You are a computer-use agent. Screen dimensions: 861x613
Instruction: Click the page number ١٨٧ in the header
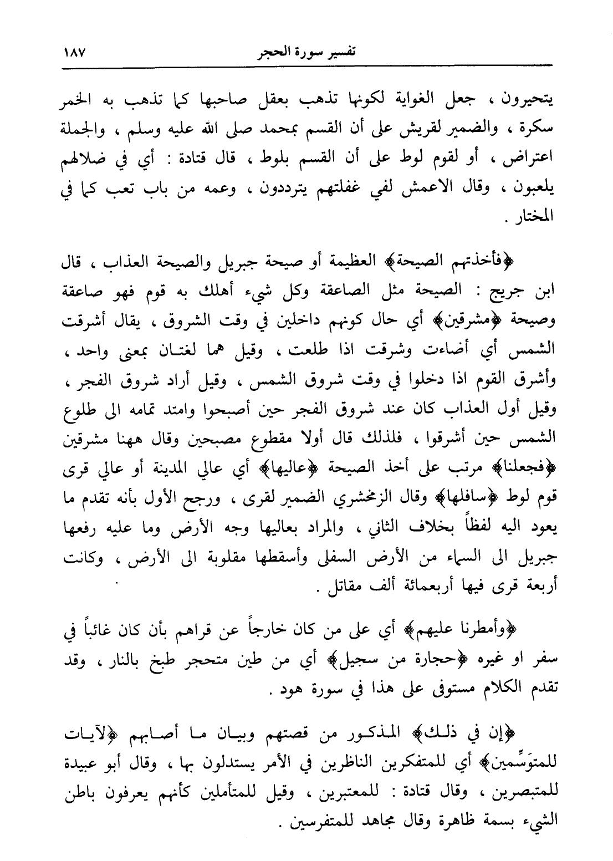(x=71, y=54)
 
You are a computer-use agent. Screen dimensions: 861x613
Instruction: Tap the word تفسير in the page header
(x=340, y=54)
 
